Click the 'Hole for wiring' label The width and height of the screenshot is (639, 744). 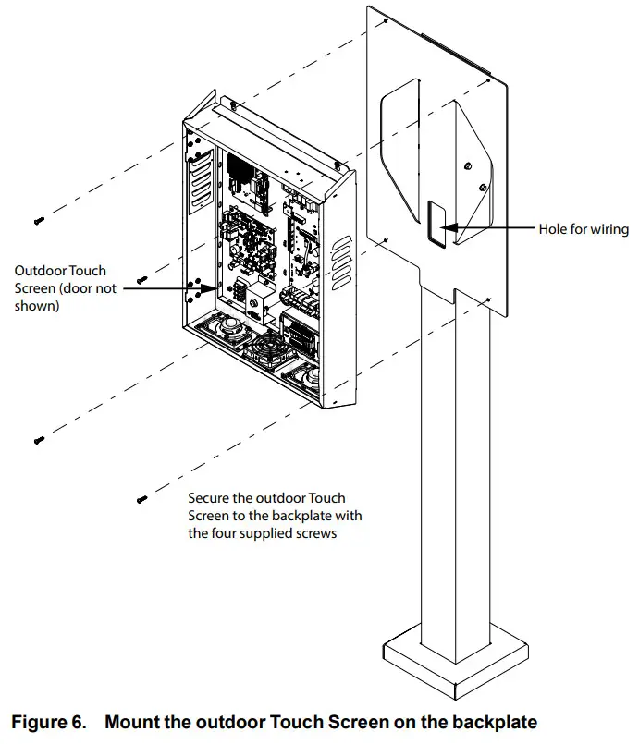point(584,229)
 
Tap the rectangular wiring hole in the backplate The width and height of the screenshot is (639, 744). point(436,224)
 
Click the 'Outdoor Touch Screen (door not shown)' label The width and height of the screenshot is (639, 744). point(65,288)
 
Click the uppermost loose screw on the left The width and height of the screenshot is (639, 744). point(39,221)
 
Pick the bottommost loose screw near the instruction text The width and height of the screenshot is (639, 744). point(141,499)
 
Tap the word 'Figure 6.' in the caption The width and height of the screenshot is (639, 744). point(49,722)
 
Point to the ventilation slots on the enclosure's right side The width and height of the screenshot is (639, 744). point(341,262)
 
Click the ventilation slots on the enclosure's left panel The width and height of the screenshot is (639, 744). point(202,181)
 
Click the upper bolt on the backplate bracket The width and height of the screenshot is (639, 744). point(468,166)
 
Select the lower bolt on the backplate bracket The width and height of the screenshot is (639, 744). point(483,187)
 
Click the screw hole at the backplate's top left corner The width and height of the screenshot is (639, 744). point(386,21)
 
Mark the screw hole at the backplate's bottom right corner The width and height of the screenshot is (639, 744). point(488,299)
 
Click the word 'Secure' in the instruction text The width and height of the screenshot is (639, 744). point(206,498)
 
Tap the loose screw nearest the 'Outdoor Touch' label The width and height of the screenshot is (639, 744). point(141,280)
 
